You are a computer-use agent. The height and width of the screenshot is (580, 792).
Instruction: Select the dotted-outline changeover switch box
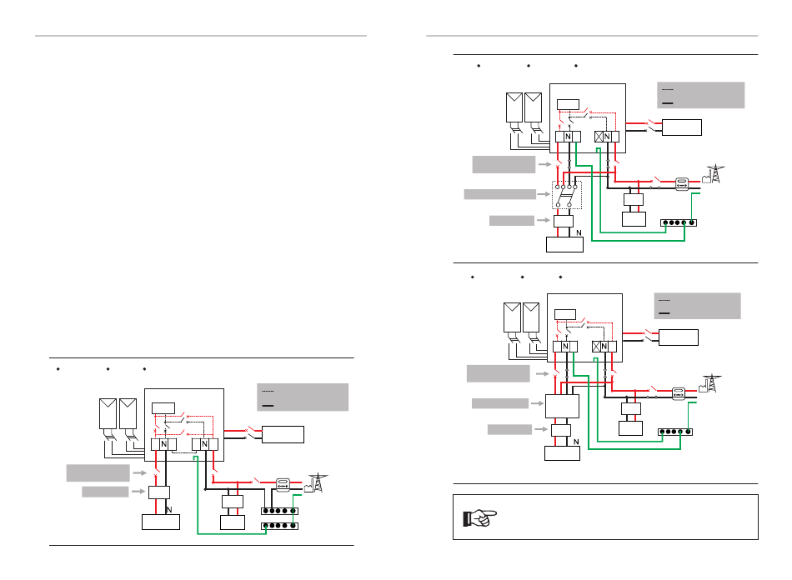(567, 195)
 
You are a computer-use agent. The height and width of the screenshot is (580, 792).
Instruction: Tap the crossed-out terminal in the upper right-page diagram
(599, 137)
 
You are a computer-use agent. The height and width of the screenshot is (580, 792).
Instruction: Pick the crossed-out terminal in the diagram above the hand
(596, 347)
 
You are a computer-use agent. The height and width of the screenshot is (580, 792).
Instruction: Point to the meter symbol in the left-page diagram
(283, 485)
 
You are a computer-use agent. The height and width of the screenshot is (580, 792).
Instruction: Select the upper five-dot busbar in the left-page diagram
(279, 511)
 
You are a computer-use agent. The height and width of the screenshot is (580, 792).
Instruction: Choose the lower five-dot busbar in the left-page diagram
(279, 526)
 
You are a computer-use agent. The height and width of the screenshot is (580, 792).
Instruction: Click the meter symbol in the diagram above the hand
(679, 393)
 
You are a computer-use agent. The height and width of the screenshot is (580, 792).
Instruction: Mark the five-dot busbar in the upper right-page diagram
(679, 222)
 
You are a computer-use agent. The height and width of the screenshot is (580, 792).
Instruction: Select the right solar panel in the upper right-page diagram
(534, 107)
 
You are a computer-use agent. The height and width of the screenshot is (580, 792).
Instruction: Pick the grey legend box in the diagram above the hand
(697, 306)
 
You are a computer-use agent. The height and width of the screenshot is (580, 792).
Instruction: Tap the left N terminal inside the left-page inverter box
(163, 444)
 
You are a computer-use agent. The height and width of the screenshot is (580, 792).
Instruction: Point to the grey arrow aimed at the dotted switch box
(544, 194)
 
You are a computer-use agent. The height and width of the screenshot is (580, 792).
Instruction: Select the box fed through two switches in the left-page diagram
(283, 435)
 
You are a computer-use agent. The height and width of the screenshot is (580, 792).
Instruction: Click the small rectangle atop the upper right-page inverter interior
(568, 104)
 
